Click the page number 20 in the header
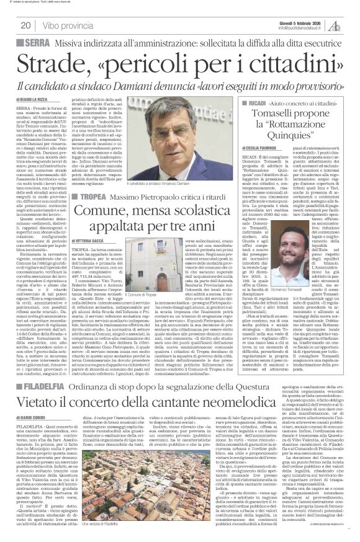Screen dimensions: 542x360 25,25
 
